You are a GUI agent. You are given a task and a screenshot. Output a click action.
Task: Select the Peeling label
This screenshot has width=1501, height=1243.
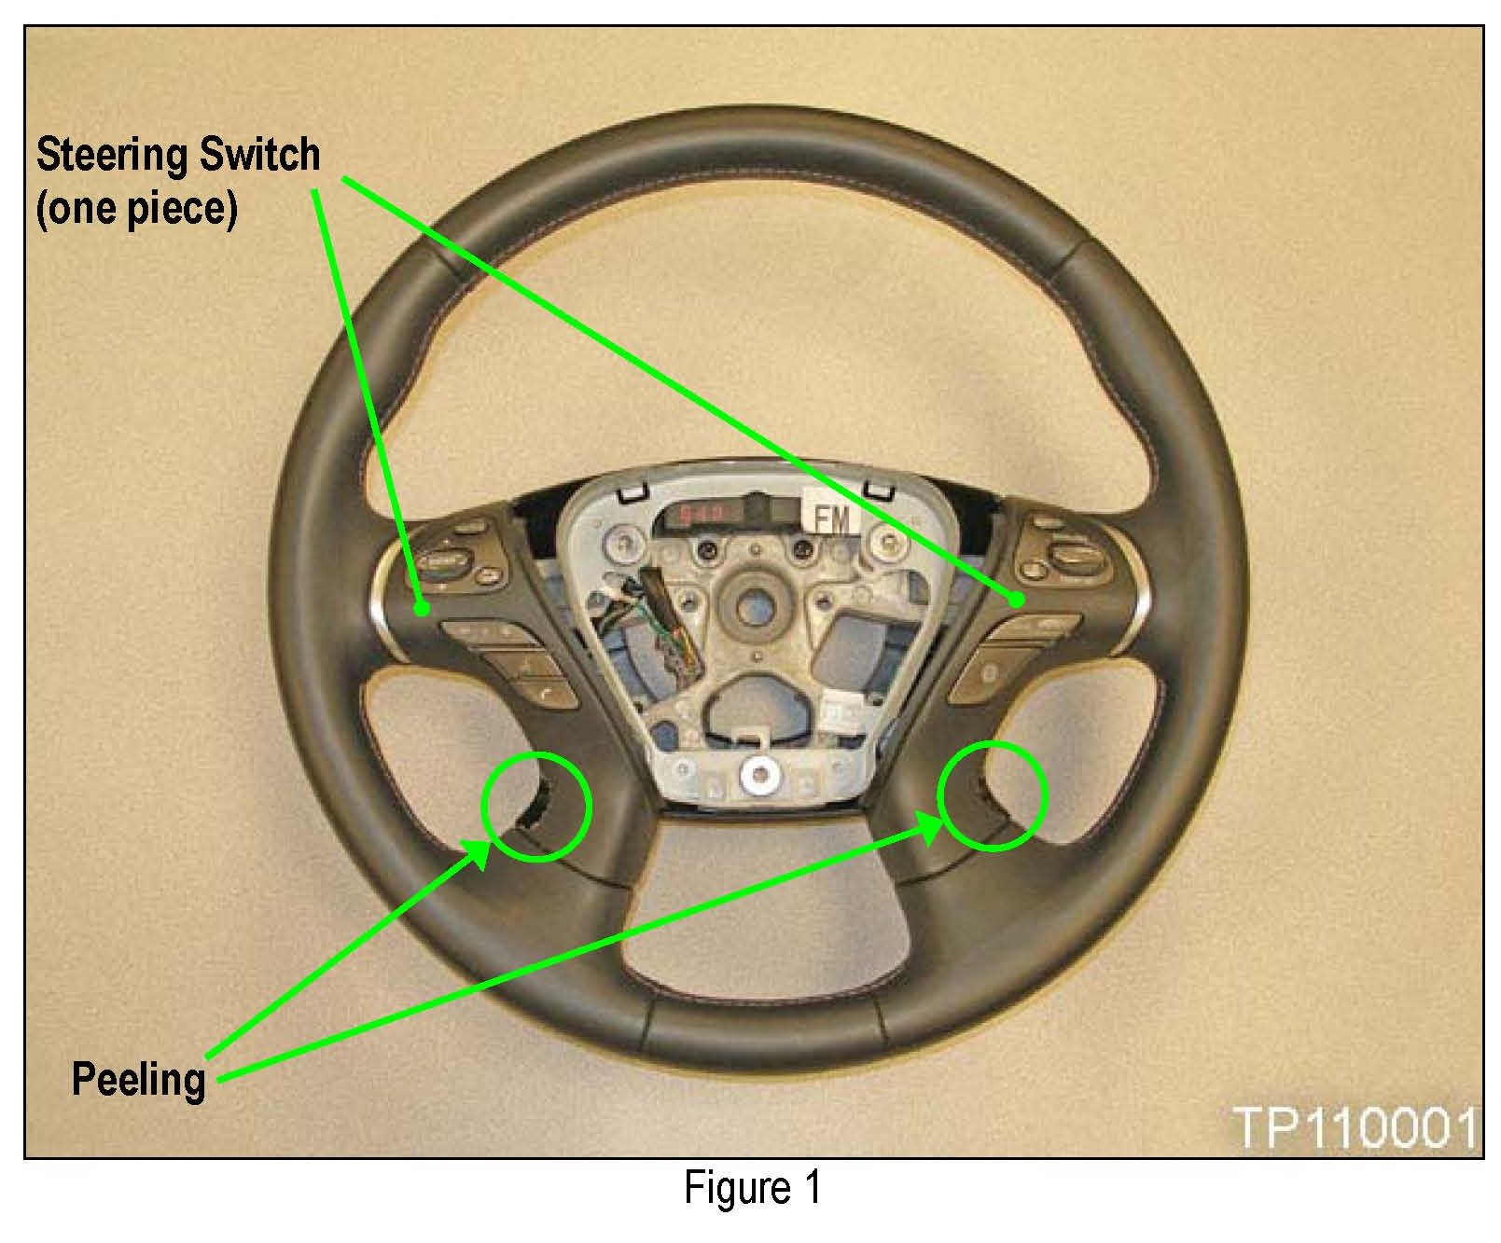point(138,1080)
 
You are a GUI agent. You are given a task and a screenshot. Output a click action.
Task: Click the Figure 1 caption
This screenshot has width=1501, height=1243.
point(752,1188)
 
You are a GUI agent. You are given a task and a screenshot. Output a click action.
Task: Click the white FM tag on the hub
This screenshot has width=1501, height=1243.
point(833,518)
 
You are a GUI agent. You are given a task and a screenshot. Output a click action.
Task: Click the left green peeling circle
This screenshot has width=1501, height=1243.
point(537,806)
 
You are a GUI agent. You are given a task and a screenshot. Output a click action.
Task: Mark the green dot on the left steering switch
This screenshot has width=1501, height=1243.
point(422,609)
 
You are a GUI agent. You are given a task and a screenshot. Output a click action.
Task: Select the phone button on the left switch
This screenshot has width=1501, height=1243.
point(542,693)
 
